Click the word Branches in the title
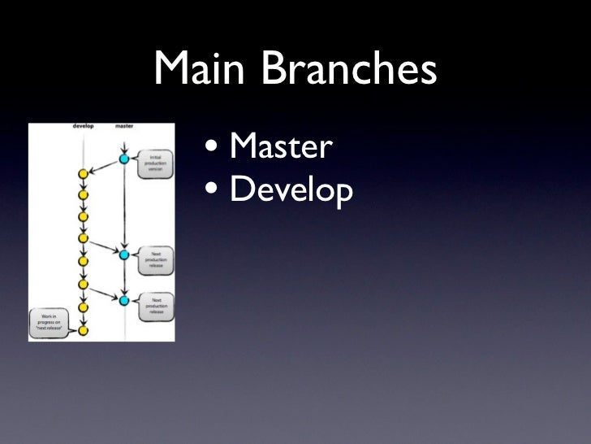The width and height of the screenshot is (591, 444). click(x=350, y=72)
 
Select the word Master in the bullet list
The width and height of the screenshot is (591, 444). click(x=281, y=148)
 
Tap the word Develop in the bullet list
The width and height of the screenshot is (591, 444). click(x=291, y=191)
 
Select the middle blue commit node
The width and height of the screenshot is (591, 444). click(x=124, y=255)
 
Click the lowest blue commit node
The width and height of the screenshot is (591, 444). click(x=124, y=301)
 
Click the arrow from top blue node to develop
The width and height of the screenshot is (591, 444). click(x=103, y=167)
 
